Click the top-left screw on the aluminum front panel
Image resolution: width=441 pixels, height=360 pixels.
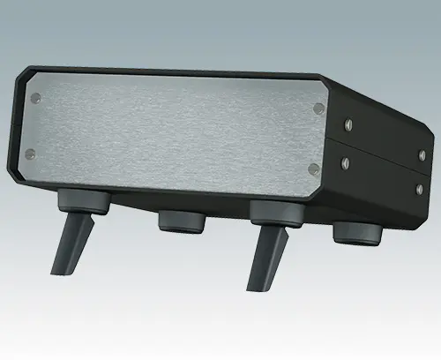(x=36, y=96)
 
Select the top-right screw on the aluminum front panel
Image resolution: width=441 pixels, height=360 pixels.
(x=318, y=109)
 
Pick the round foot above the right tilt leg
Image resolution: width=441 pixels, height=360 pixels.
(x=274, y=212)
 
